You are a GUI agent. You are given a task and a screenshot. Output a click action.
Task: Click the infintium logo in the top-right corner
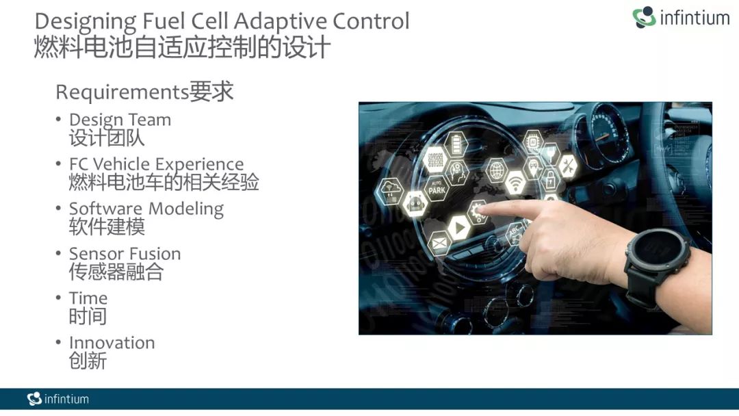(681, 17)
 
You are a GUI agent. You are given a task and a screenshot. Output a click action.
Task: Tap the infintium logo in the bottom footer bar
(58, 399)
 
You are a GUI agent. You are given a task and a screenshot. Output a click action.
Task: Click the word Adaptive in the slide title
(281, 22)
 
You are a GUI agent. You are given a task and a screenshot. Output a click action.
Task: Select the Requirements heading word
(122, 92)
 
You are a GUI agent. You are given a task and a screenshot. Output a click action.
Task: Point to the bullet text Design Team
(120, 120)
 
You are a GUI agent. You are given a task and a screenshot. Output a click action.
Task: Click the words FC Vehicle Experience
(157, 164)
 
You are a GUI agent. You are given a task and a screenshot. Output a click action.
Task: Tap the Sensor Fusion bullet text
(125, 253)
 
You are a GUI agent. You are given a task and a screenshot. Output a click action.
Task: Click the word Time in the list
(88, 298)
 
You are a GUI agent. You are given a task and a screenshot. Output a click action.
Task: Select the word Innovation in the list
(112, 343)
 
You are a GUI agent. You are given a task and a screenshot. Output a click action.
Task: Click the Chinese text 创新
(88, 361)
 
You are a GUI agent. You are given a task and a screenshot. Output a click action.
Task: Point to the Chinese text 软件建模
(107, 227)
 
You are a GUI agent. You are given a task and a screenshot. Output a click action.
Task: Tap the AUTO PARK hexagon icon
(437, 187)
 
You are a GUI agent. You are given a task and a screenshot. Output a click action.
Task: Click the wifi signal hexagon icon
(515, 183)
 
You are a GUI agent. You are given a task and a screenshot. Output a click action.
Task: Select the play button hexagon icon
(458, 228)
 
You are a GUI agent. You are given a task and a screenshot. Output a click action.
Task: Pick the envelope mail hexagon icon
(439, 243)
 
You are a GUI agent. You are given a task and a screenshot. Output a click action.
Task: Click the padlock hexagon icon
(550, 179)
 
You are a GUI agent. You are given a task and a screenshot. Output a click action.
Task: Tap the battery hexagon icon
(456, 144)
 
